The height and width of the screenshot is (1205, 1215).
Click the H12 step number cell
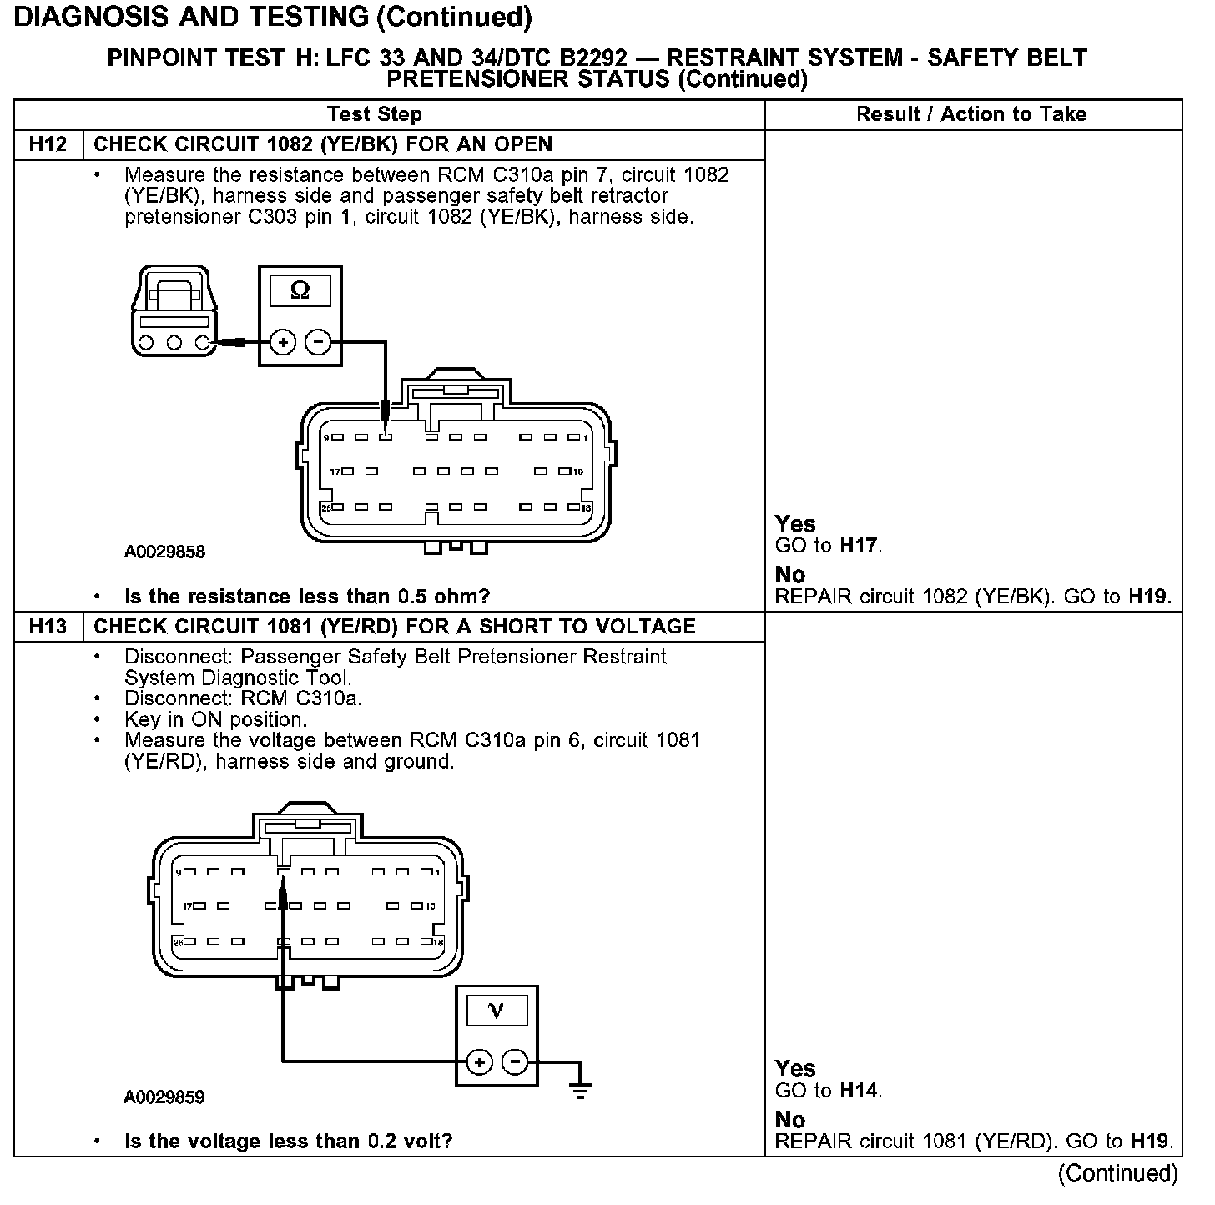pyautogui.click(x=48, y=144)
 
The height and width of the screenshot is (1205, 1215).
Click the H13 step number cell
pyautogui.click(x=48, y=627)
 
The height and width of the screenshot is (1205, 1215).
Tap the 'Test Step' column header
pyautogui.click(x=375, y=114)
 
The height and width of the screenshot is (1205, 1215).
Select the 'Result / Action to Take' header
pyautogui.click(x=971, y=114)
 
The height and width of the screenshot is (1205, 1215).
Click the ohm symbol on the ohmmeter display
pyautogui.click(x=300, y=290)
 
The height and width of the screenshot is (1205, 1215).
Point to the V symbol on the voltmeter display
pyautogui.click(x=496, y=1011)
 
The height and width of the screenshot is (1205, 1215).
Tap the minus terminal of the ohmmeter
pyautogui.click(x=318, y=342)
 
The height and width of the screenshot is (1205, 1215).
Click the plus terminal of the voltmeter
pyautogui.click(x=478, y=1062)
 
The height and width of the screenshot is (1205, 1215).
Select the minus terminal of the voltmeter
pyautogui.click(x=516, y=1062)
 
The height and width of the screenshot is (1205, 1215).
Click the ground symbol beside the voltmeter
pyautogui.click(x=581, y=1089)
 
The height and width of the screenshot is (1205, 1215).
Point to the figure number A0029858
pyautogui.click(x=164, y=552)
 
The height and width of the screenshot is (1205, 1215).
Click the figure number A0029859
pyautogui.click(x=164, y=1097)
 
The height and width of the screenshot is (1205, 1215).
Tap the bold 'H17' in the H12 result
pyautogui.click(x=859, y=547)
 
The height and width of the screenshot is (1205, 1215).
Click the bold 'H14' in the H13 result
pyautogui.click(x=860, y=1091)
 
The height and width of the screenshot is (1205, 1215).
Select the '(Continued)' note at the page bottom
pyautogui.click(x=1117, y=1173)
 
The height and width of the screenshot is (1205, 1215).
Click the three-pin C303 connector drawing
pyautogui.click(x=174, y=313)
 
